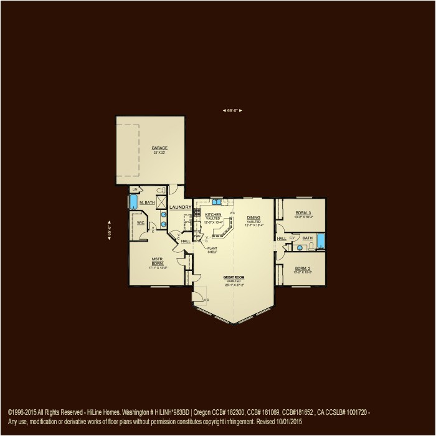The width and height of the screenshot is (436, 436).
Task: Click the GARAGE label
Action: (159, 148)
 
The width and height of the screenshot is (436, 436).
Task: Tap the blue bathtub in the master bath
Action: (133, 202)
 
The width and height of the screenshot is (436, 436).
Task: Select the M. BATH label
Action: (147, 202)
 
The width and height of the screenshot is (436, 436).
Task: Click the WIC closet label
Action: (141, 222)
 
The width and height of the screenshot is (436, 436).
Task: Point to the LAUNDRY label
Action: (180, 207)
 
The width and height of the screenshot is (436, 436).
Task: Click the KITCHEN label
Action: (213, 214)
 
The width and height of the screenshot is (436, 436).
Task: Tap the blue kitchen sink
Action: (217, 202)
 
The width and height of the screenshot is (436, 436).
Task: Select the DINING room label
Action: (254, 218)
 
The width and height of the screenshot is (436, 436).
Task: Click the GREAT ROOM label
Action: (234, 277)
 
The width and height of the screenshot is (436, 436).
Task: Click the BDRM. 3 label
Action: (303, 212)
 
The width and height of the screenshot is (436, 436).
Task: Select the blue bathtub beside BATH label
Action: (321, 240)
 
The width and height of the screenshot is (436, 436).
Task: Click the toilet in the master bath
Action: (161, 189)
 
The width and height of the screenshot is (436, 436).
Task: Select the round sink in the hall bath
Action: (300, 247)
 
